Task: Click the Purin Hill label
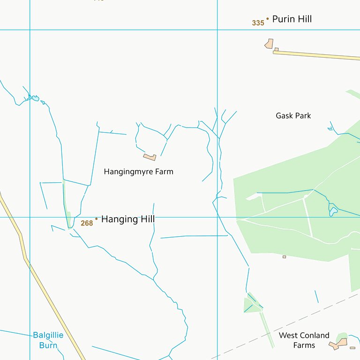click(x=292, y=19)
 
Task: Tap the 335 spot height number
click(x=258, y=23)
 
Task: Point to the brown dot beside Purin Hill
click(x=268, y=19)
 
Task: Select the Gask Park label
click(x=293, y=116)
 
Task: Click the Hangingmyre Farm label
click(x=138, y=172)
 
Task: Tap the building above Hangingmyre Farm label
click(x=150, y=157)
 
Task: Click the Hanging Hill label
click(x=127, y=219)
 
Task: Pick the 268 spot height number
click(x=87, y=223)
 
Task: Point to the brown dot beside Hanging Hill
click(x=97, y=218)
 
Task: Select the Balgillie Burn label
click(x=48, y=340)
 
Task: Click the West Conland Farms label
click(x=304, y=340)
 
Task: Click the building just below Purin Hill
click(x=269, y=44)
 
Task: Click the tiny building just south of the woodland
click(x=284, y=257)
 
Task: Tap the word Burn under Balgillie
click(x=48, y=345)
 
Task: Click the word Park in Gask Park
click(x=302, y=116)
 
